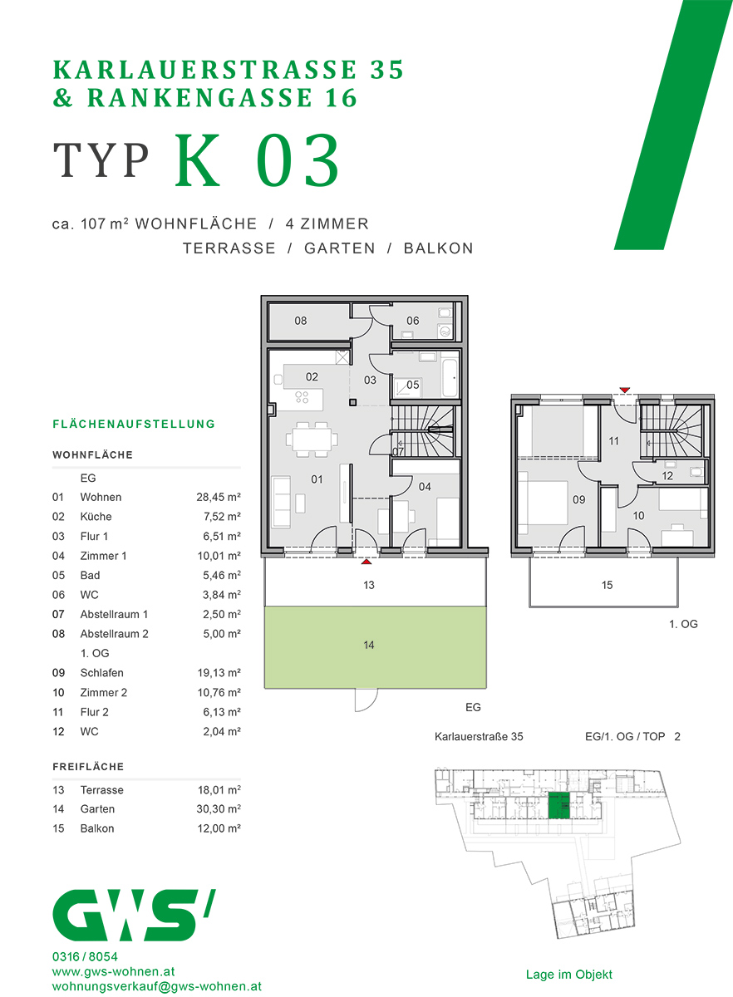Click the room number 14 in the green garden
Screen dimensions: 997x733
pos(369,646)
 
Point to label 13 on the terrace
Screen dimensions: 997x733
pos(369,586)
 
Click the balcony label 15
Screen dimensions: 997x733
pos(607,586)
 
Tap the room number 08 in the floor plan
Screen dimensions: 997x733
pos(301,321)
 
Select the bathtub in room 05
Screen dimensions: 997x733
pos(448,375)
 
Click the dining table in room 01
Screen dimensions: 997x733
pos(312,438)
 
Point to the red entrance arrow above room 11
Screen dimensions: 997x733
pos(625,390)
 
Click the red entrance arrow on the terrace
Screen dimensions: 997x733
pos(366,562)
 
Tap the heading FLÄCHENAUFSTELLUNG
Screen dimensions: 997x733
pos(134,425)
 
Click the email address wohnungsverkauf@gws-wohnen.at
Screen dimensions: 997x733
pos(156,987)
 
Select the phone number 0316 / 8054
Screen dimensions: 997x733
pos(85,956)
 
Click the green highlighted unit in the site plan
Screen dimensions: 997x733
pos(559,807)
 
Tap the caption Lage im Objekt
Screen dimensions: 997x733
pos(568,975)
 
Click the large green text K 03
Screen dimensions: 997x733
pos(258,161)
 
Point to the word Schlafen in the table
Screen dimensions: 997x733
pos(101,673)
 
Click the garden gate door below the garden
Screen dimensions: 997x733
pos(366,700)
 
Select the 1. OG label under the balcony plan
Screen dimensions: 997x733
pos(683,624)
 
